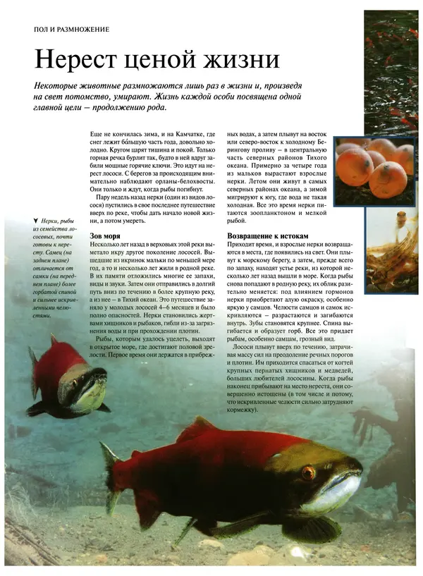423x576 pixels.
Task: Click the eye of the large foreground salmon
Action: click(307, 471)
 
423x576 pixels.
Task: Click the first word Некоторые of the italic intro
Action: click(61, 84)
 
